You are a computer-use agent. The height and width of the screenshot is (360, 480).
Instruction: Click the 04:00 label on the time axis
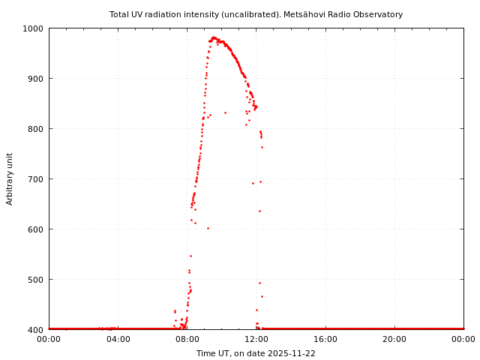coord(118,339)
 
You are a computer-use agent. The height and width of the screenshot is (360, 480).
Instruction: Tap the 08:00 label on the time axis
coord(187,339)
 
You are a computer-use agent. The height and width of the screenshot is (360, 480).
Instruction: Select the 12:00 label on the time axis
coord(256,339)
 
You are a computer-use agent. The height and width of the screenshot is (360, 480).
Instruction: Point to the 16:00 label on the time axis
coord(325,339)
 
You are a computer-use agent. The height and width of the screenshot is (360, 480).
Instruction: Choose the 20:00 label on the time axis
coord(394,339)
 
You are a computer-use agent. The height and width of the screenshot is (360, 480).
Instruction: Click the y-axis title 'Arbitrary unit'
coord(10,178)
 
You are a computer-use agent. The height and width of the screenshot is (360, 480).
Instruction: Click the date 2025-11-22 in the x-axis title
coord(292,353)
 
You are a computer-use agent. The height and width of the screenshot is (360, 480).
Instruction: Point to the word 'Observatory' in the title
coord(379,14)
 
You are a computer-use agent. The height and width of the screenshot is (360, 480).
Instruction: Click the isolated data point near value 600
coord(208,228)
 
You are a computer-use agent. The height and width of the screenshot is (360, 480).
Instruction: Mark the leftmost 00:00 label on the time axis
coord(49,339)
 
